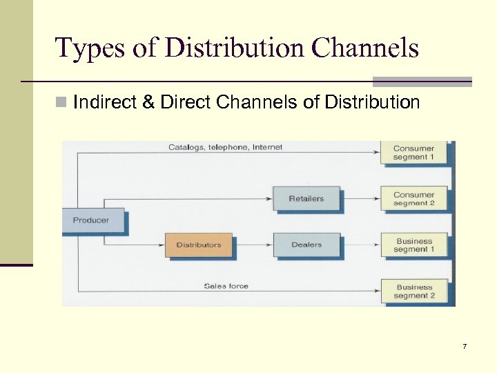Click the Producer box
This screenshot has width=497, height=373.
92,220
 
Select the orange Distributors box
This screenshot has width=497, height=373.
199,245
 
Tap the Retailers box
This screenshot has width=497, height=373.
306,199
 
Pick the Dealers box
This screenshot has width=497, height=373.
306,245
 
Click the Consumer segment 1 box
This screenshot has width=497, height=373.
414,152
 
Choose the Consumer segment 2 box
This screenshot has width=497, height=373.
414,199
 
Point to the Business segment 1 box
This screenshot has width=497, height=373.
414,245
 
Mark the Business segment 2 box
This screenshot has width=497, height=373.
414,291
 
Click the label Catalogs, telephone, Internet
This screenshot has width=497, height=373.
225,147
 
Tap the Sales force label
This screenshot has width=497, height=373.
226,285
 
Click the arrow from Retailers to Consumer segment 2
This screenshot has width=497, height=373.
360,199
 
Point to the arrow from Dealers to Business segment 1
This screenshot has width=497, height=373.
360,245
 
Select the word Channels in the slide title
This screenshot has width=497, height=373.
365,48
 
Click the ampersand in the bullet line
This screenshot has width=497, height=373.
148,103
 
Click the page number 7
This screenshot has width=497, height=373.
465,346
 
